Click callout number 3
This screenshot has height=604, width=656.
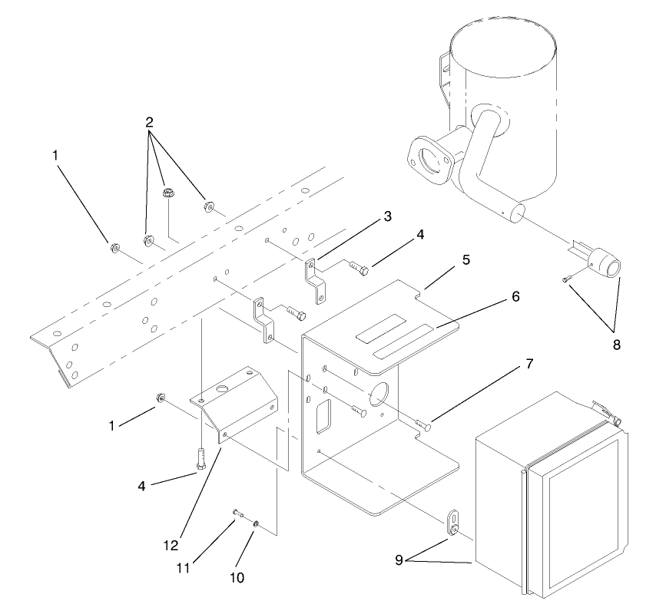click(388, 217)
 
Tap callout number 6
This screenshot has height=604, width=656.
click(516, 295)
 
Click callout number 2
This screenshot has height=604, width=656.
click(149, 122)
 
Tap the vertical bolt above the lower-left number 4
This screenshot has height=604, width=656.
click(200, 460)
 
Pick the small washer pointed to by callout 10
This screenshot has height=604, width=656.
click(255, 524)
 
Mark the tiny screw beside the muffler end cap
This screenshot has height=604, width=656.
click(567, 280)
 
